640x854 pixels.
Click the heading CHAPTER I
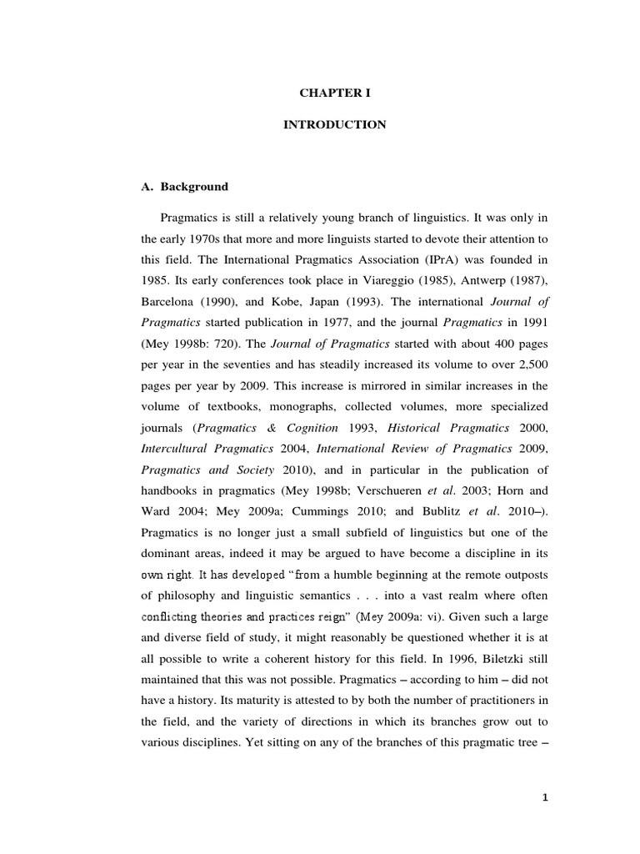pos(334,94)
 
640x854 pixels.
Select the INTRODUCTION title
pos(334,125)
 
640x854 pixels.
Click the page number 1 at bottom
pos(544,797)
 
